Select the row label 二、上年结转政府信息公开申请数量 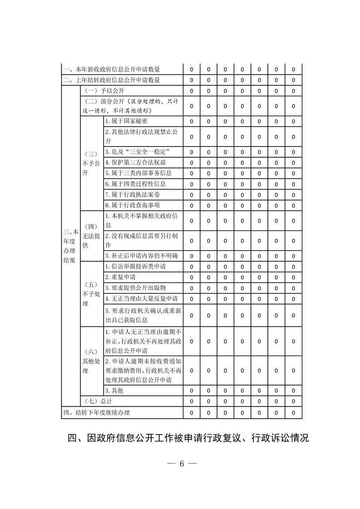tap(112, 80)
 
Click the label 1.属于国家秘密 tap(126, 122)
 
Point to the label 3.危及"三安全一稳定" tap(137, 151)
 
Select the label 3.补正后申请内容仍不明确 tap(141, 255)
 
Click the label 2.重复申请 tap(120, 277)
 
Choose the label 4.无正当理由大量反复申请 tap(141, 299)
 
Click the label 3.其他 tap(114, 391)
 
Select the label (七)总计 tap(99, 401)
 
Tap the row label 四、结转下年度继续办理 tap(96, 413)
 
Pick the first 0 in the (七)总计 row tap(192, 401)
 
